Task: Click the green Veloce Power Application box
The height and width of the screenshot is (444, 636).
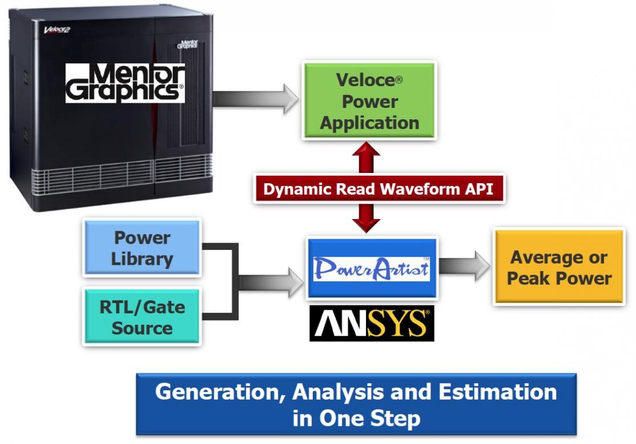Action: pos(369,100)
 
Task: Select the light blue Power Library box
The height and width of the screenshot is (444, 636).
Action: pos(142,248)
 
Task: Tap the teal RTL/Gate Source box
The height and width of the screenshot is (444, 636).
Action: pos(142,317)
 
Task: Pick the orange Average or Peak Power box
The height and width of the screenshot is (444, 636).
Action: pos(559,267)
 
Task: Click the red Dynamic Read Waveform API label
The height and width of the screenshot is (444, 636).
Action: pos(379,189)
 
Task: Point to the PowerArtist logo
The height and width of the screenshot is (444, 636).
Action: pos(372,268)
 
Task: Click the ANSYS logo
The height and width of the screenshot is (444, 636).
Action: pos(372,324)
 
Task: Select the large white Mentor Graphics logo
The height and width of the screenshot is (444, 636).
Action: pos(126,83)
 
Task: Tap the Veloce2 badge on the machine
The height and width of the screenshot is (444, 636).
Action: pos(57,30)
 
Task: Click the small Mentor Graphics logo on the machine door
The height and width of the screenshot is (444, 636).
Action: pos(187,44)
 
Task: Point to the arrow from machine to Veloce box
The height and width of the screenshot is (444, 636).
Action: pos(256,99)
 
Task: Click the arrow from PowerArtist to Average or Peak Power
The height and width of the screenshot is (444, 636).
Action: pos(464,266)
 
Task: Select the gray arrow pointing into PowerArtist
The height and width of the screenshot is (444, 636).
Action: pos(271,282)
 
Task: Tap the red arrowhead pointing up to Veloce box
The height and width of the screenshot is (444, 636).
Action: pos(367,149)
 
